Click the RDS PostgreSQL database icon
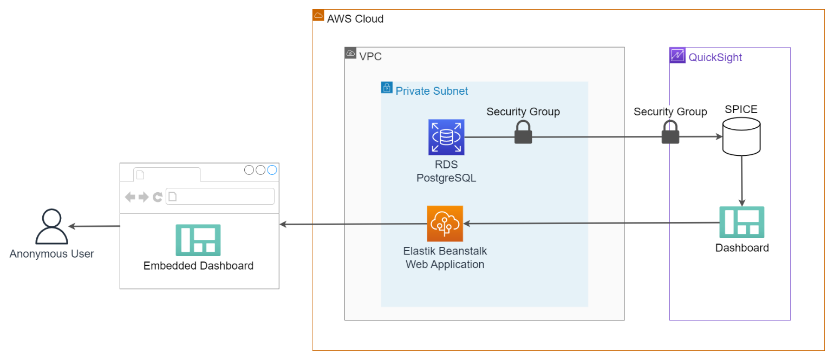coord(446,138)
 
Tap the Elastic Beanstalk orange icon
coord(445,224)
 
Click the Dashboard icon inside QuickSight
coord(741,222)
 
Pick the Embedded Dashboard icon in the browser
coord(198,240)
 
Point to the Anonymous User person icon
coord(52,227)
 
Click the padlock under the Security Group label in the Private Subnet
coord(523,133)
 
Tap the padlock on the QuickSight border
coord(670,133)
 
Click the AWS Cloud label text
coord(355,19)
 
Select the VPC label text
coord(370,56)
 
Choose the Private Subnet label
coord(432,91)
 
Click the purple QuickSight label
coord(715,57)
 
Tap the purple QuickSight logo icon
coord(677,55)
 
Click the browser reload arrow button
coord(157,197)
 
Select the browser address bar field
coord(219,197)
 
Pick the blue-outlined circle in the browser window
coord(272,170)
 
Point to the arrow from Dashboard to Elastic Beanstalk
coord(590,223)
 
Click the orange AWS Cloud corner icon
coord(318,16)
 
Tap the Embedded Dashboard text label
coord(198,266)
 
